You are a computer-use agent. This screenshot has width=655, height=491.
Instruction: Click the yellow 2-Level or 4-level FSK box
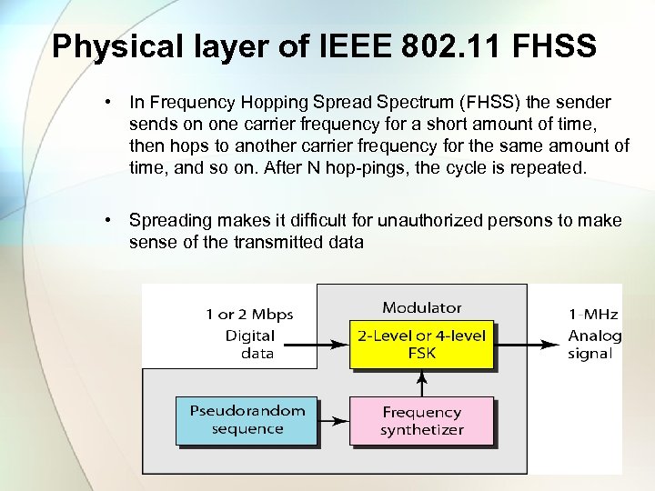[x=421, y=345]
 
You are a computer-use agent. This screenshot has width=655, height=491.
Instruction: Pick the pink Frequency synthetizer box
[x=421, y=421]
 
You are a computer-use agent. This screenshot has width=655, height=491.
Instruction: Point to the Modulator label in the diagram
[x=421, y=308]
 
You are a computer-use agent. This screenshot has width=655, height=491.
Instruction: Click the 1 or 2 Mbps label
[x=249, y=315]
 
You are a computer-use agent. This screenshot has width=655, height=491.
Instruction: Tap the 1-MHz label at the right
[x=593, y=315]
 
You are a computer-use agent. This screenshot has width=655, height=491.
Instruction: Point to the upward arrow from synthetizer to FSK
[x=421, y=382]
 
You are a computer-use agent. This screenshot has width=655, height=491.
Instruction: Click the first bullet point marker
[x=108, y=102]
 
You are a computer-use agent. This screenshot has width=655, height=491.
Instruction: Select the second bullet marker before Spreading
[x=108, y=221]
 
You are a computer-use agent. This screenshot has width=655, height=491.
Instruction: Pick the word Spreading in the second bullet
[x=167, y=221]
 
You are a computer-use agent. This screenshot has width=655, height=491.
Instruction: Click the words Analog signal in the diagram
[x=593, y=345]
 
